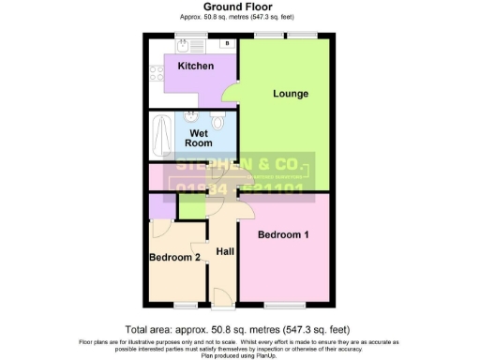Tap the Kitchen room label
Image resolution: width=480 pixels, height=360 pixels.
point(196,67)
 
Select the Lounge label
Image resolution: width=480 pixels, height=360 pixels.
point(291,94)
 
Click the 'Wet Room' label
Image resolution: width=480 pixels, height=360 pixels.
point(198,139)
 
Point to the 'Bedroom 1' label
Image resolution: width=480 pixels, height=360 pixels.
point(283,234)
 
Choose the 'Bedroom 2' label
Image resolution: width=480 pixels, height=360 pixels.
point(173,257)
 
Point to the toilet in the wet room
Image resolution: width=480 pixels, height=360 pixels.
point(218,122)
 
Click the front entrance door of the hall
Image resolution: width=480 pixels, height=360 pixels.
point(221,297)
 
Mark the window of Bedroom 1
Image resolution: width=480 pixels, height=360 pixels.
point(281,307)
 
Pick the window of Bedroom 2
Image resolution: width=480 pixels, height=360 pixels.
point(184,307)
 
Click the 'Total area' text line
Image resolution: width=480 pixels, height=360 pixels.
point(239,329)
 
